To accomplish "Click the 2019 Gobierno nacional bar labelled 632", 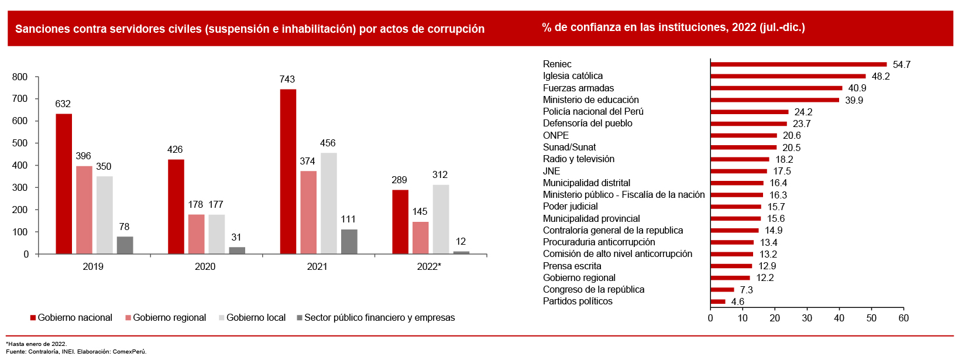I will click(x=64, y=184).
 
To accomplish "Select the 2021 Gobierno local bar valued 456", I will click(x=328, y=203).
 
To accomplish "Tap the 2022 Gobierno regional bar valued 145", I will click(x=420, y=238).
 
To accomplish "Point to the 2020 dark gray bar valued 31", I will click(x=237, y=251).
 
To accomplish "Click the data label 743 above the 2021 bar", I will click(x=287, y=80).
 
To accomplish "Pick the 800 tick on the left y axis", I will click(x=20, y=77).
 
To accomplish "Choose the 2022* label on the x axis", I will click(x=429, y=267).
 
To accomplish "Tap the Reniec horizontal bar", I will click(x=798, y=64).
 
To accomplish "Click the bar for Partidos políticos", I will click(x=718, y=302).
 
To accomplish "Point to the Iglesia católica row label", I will click(x=572, y=76).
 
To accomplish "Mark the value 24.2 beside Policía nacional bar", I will click(x=803, y=112).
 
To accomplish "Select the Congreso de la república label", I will click(x=593, y=290).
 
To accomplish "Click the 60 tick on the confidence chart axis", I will click(x=903, y=318).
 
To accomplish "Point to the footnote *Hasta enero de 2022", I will click(x=36, y=344).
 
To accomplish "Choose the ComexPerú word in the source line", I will click(x=129, y=352).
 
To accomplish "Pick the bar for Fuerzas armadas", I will click(x=776, y=88).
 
